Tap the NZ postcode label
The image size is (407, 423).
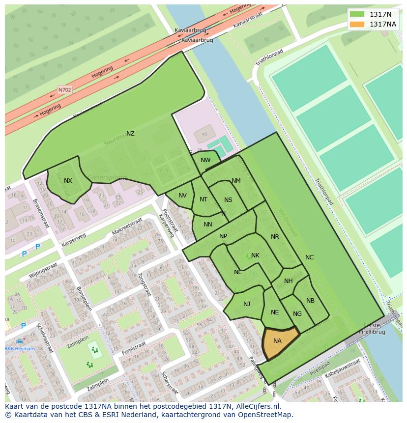(130, 134)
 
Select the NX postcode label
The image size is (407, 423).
(68, 181)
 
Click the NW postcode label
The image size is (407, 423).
(205, 160)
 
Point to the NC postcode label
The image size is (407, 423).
(309, 257)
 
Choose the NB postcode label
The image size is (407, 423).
(310, 301)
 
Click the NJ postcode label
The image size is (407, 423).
(247, 304)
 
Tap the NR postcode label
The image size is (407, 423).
(275, 237)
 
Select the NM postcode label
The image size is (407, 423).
(236, 181)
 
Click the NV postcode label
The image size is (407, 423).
(182, 196)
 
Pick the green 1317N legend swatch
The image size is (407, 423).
(357, 14)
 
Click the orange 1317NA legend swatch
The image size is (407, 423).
(357, 24)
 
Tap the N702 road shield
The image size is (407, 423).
(64, 90)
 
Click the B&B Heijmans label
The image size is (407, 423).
(20, 348)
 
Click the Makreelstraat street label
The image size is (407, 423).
(126, 226)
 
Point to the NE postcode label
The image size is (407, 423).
(275, 312)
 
